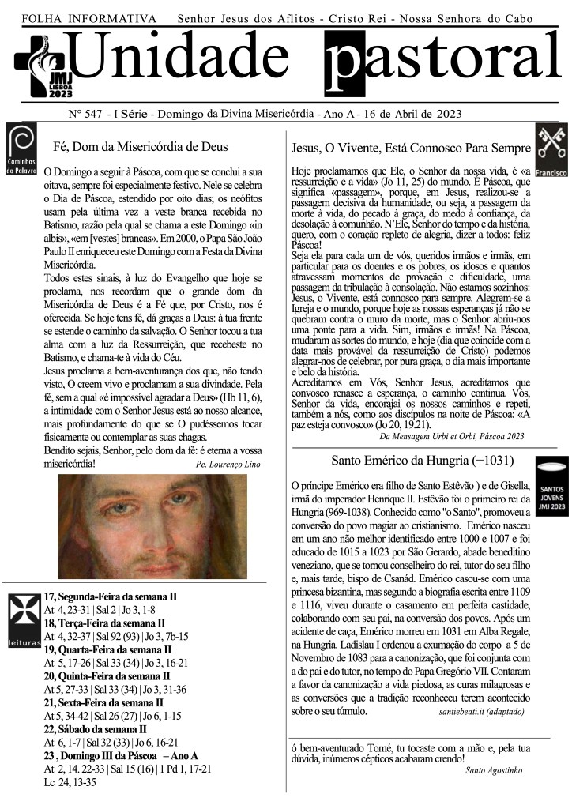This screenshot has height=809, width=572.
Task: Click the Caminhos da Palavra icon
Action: (20, 149)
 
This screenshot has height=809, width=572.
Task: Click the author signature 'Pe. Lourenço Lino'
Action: (228, 465)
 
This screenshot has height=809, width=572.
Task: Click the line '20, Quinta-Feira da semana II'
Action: (107, 675)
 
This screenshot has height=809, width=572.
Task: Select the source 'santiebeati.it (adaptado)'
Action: (480, 712)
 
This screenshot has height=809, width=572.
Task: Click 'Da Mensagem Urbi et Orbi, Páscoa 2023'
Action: (451, 435)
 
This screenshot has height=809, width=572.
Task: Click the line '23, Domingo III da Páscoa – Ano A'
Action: (121, 755)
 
